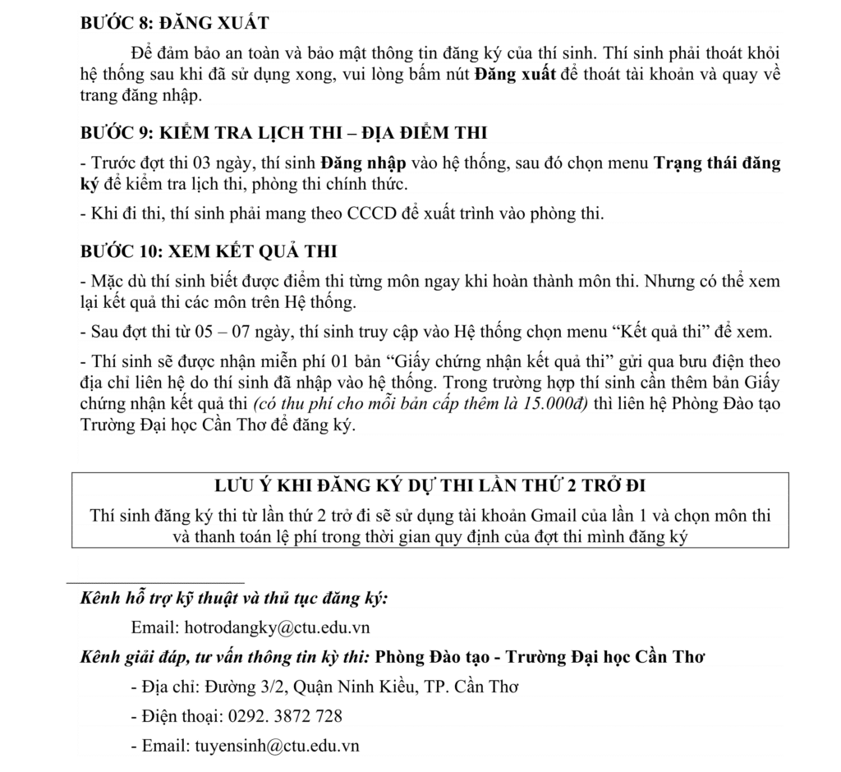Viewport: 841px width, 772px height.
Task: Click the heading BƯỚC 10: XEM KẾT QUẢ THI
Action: pos(209,250)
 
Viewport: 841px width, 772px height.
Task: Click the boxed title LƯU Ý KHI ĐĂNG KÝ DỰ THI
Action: pos(430,485)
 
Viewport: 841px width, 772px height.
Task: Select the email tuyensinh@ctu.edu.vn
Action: pos(277,746)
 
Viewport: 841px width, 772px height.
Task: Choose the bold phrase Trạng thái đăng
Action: pos(717,163)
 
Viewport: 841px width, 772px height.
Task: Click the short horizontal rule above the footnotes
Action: pos(155,581)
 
